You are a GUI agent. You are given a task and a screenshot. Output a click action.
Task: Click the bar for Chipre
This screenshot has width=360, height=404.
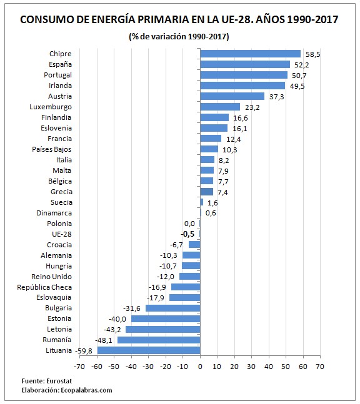(250, 54)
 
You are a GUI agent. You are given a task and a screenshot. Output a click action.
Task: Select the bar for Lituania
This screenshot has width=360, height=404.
(149, 350)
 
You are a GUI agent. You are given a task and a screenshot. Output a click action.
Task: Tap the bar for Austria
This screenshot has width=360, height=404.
(232, 96)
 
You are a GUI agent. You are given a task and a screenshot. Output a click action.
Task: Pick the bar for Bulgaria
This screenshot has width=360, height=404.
(173, 308)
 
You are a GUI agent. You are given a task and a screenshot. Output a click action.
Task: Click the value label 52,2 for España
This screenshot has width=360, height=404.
(301, 65)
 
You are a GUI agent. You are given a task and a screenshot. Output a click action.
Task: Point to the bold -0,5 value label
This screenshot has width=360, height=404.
(187, 234)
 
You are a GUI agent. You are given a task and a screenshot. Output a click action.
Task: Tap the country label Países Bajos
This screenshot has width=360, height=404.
(52, 149)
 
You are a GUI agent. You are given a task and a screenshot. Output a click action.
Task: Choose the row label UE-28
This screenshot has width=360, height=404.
(62, 234)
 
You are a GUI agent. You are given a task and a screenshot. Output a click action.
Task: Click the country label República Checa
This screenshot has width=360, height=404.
(44, 287)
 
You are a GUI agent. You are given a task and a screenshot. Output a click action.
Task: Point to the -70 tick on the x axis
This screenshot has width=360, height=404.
(80, 367)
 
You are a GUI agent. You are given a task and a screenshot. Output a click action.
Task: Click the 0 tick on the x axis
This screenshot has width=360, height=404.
(200, 367)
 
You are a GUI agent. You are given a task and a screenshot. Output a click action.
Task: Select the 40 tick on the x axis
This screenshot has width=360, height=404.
(269, 367)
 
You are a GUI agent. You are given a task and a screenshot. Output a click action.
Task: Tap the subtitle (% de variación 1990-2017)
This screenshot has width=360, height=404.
(179, 36)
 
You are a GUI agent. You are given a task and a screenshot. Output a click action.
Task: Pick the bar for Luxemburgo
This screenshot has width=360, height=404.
(220, 107)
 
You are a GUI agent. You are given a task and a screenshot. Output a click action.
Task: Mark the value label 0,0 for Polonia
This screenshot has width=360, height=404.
(189, 224)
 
